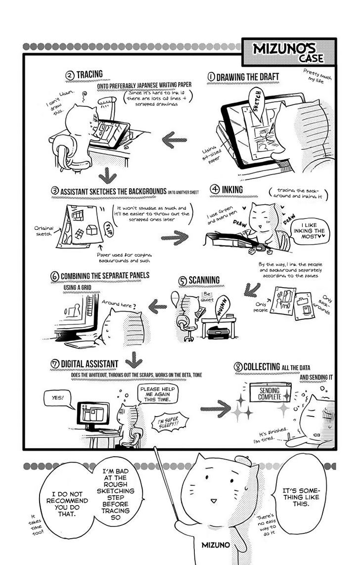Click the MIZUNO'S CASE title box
coord(289,52)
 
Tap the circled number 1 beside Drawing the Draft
coord(211,77)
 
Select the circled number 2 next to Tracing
coord(70,76)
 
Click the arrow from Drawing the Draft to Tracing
coord(175,139)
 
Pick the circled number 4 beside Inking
coord(215,189)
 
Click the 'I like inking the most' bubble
coord(309,231)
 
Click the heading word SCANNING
coord(204,280)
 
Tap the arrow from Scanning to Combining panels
coord(158,306)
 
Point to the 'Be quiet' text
coord(207,297)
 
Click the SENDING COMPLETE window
coord(270,393)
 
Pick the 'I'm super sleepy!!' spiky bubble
coord(170,422)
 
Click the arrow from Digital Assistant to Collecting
coord(216,408)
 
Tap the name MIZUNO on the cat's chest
coord(216,545)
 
